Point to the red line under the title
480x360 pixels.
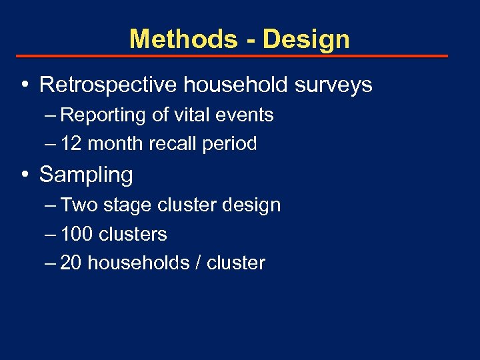click(x=231, y=57)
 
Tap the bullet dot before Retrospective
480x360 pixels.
click(x=24, y=85)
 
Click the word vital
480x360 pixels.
click(x=193, y=115)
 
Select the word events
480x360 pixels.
click(x=246, y=115)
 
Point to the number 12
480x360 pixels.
click(x=71, y=143)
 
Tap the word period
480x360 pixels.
click(x=231, y=144)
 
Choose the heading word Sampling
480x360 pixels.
click(x=86, y=175)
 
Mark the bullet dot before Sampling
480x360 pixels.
click(x=24, y=175)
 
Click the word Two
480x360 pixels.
click(x=79, y=205)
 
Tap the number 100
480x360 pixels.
click(x=77, y=234)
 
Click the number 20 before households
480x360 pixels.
click(x=71, y=263)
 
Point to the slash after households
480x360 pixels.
click(x=198, y=263)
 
